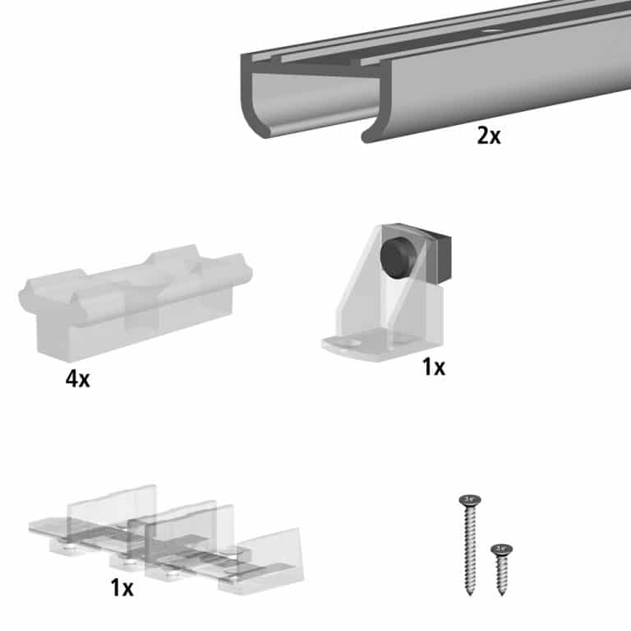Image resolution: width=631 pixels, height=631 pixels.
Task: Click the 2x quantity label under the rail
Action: [x=488, y=136]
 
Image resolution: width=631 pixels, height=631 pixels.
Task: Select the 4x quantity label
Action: [x=79, y=380]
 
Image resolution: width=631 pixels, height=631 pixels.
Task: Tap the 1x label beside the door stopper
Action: [x=433, y=367]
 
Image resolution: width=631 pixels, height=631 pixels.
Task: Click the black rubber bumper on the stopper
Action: [x=395, y=256]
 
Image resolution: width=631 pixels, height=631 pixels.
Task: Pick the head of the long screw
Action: [x=470, y=499]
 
